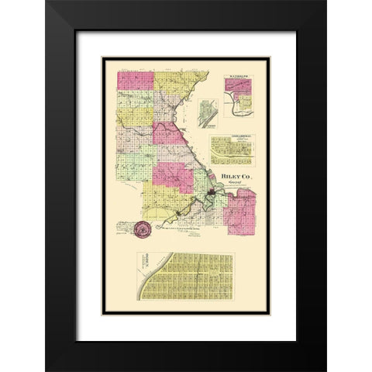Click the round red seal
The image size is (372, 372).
click(x=142, y=229)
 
